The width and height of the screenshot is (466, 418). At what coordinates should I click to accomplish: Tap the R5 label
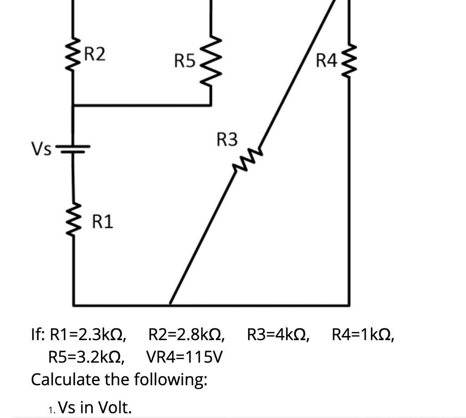[184, 60]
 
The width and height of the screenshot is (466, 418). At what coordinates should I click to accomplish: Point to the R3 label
[227, 139]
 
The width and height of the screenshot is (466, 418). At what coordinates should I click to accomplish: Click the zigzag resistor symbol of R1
[73, 223]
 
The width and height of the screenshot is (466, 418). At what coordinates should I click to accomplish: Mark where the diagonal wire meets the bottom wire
[170, 303]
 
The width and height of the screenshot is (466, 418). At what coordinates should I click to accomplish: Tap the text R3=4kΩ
[279, 336]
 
